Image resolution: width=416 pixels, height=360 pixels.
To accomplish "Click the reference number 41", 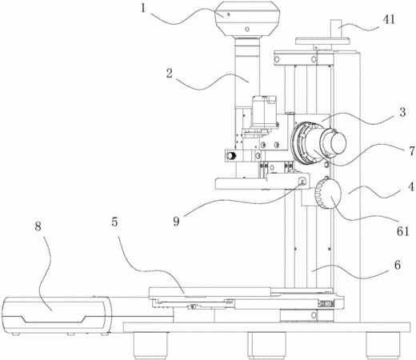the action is [389, 19].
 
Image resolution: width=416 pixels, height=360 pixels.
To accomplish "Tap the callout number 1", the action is [143, 8].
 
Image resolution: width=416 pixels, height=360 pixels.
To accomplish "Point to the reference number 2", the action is [170, 74].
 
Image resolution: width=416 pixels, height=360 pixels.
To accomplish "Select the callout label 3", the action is [402, 112].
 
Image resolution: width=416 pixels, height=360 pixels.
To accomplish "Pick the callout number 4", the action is [411, 186].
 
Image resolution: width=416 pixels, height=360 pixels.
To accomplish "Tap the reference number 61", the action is [402, 231].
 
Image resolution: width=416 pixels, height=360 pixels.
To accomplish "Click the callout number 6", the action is [398, 265].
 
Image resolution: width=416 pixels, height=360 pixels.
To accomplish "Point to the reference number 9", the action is [176, 221].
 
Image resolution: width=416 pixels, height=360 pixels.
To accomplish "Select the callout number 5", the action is [114, 222].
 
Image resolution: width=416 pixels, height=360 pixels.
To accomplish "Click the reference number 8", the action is [38, 226].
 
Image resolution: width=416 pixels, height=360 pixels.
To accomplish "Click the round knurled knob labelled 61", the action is [328, 193].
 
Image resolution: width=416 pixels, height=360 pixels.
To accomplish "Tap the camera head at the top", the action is [247, 18].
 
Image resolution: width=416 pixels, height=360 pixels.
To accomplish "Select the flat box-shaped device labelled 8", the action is [57, 315].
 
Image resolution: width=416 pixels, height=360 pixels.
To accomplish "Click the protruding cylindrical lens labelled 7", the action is [319, 143].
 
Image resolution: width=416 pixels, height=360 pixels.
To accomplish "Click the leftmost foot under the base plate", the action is [150, 345].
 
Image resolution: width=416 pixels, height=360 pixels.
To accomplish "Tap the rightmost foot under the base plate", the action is [383, 345].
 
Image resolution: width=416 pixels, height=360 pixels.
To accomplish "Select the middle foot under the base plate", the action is [266, 345].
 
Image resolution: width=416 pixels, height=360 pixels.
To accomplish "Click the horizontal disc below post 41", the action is [322, 41].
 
